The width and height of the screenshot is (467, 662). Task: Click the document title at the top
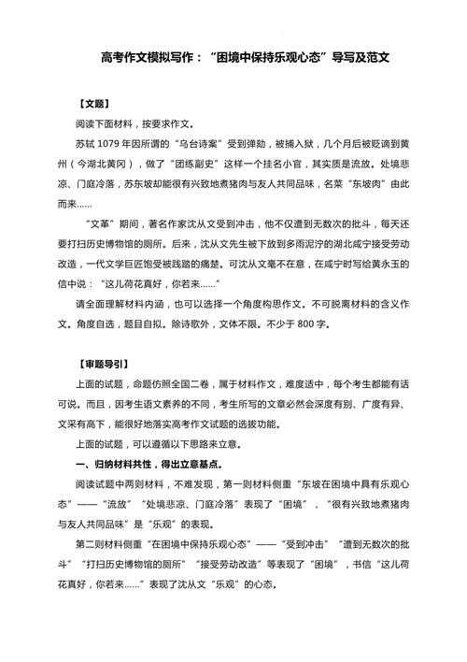tap(244, 57)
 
